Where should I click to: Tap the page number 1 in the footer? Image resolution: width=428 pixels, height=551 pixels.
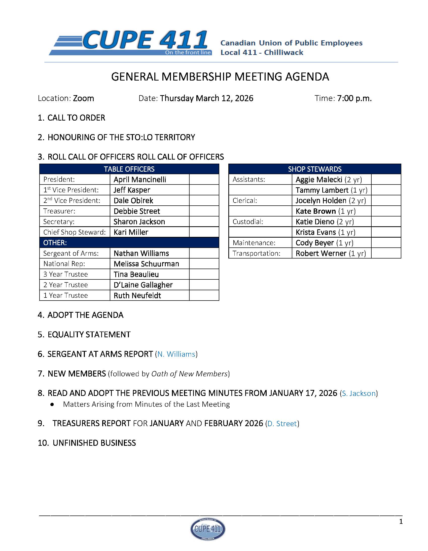tap(401, 522)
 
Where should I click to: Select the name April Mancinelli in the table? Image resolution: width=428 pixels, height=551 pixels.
tap(139, 179)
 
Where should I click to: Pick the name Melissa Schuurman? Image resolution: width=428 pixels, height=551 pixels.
tap(146, 264)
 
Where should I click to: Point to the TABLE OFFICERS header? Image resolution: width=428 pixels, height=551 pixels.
tap(129, 169)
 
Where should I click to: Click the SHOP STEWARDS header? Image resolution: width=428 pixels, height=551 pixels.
tap(314, 169)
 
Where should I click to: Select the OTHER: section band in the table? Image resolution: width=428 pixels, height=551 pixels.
tap(129, 243)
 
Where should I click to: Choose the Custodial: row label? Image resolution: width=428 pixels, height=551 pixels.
tap(248, 222)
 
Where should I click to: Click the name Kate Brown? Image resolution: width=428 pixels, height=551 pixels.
tap(315, 211)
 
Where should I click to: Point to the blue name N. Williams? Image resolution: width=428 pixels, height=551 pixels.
tap(176, 354)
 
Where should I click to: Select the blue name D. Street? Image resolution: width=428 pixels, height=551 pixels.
tap(282, 423)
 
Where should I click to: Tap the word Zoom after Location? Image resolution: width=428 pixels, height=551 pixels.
tap(83, 98)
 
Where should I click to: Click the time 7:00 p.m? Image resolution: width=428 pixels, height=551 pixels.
tap(354, 98)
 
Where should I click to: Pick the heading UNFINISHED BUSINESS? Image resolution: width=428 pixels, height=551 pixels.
tap(94, 443)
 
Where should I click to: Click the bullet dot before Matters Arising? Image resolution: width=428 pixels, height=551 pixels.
tap(52, 404)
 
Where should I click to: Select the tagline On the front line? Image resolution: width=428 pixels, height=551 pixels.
tap(188, 52)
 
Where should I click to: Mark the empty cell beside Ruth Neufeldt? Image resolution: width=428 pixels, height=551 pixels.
tap(204, 295)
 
